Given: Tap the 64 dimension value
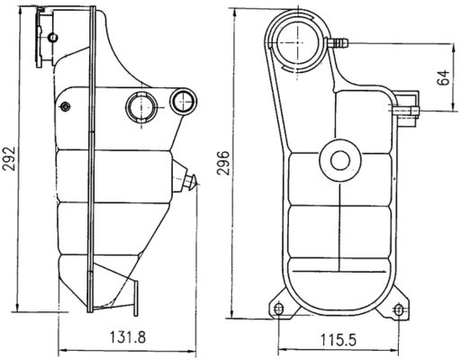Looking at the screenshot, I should pos(442,78).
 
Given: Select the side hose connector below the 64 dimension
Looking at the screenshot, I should pos(405,111).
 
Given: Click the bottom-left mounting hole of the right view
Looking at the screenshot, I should pos(278,310).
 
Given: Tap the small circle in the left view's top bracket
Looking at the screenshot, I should pos(52,37).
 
